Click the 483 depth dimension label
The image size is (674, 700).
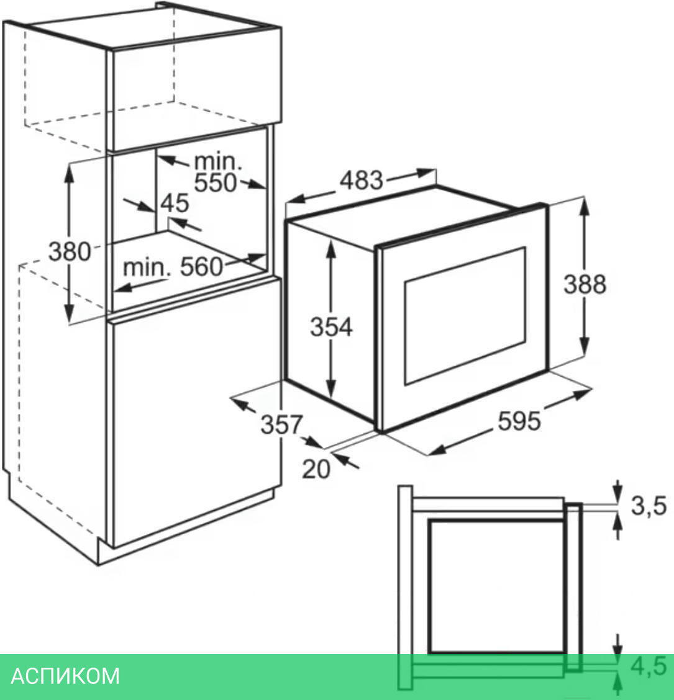pos(362,181)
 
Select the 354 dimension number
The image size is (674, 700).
pos(331,327)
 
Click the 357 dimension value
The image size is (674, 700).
pos(281,425)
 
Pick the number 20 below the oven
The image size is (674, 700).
pos(316,469)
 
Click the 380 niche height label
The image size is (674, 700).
pos(70,251)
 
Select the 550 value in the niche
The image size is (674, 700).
pos(216,183)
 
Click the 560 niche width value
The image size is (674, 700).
pos(201,267)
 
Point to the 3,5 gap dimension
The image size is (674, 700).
pos(649,506)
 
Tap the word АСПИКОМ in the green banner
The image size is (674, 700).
pos(65,675)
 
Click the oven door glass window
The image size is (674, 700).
pos(465,316)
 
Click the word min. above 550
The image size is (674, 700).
pos(217,162)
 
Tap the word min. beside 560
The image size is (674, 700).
pos(147,268)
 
